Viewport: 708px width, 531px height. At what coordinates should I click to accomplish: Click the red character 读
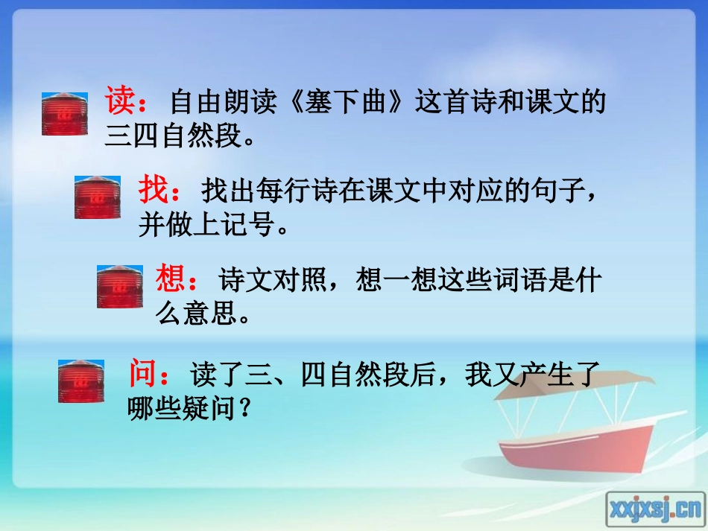[121, 100]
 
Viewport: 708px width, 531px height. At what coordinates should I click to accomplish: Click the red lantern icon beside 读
[64, 114]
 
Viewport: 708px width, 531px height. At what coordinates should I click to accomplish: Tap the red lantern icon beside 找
[97, 197]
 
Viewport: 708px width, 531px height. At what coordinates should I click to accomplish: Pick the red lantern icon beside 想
[119, 286]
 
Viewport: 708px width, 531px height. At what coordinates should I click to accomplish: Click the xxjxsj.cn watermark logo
[655, 508]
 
